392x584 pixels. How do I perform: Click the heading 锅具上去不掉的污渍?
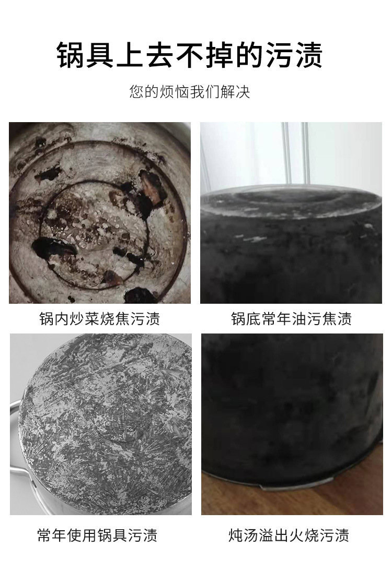(x=190, y=55)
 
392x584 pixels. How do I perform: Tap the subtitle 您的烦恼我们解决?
(x=190, y=92)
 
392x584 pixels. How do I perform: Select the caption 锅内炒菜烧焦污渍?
(x=100, y=319)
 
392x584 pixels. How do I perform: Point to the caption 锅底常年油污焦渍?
(x=291, y=319)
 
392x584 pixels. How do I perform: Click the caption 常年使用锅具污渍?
(x=97, y=535)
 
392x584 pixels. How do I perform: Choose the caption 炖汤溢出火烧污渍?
(x=289, y=535)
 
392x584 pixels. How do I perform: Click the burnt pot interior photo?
(x=100, y=212)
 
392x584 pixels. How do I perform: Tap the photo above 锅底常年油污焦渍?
(x=291, y=212)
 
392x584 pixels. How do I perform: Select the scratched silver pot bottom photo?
(x=101, y=424)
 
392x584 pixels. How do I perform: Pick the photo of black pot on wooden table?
(x=292, y=424)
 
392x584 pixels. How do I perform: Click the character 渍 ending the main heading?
(x=308, y=55)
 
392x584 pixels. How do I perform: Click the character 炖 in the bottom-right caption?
(x=236, y=535)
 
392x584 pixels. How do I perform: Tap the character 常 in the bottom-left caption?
(x=45, y=535)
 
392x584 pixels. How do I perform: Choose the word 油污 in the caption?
(x=307, y=319)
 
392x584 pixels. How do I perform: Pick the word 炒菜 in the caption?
(x=85, y=319)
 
